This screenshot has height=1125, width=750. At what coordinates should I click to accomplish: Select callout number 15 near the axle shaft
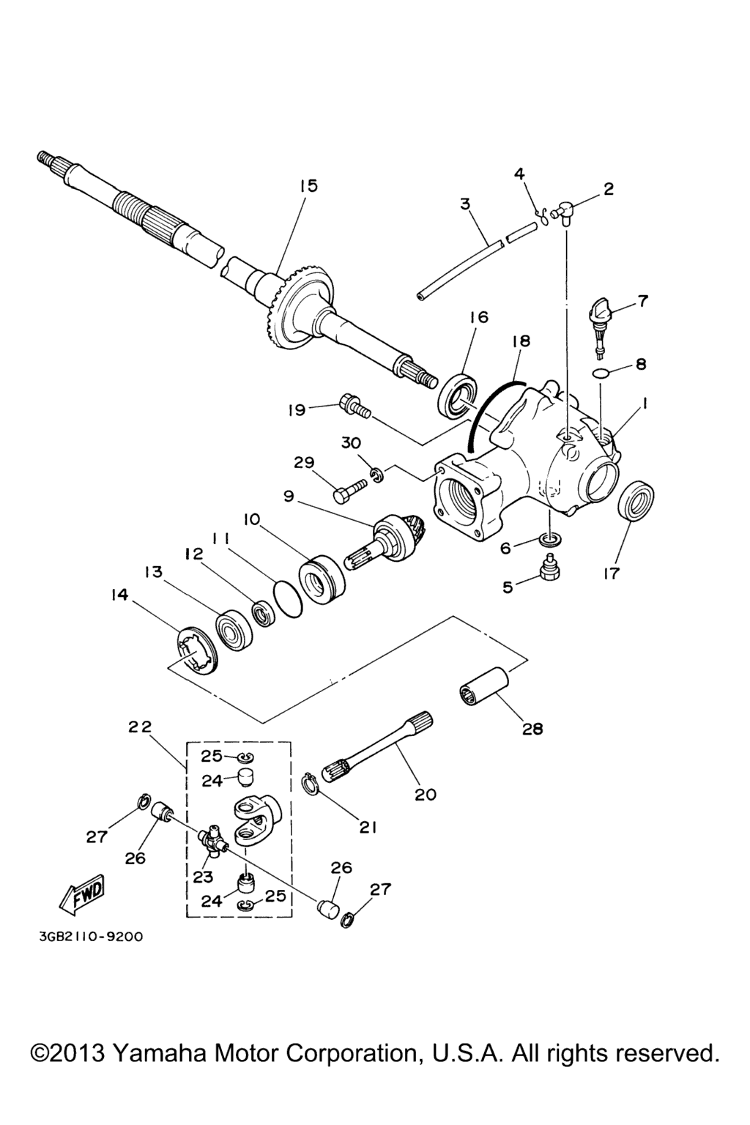(x=308, y=186)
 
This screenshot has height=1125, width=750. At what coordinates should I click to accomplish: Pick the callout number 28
(x=532, y=729)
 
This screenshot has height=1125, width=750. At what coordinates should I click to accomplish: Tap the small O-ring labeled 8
(x=600, y=374)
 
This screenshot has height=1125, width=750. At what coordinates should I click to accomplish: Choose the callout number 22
(x=139, y=727)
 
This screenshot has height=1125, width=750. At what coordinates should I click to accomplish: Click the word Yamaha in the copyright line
(x=157, y=1053)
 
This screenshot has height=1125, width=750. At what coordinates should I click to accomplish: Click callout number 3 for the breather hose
(x=465, y=204)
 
